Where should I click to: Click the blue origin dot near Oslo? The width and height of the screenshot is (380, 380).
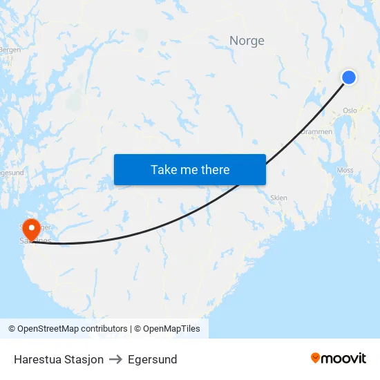(349, 77)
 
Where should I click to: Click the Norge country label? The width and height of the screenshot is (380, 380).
(247, 41)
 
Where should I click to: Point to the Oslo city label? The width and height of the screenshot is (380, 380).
(350, 110)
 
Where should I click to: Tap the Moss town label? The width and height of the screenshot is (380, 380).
(345, 170)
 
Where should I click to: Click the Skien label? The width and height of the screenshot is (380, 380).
(278, 198)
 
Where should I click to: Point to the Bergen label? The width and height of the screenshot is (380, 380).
(10, 50)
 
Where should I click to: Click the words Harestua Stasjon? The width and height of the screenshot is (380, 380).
(59, 359)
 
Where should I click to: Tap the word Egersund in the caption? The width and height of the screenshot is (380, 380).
(152, 359)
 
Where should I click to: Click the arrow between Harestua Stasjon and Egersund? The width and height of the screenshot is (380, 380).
(115, 359)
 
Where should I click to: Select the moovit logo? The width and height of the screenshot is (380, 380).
(339, 358)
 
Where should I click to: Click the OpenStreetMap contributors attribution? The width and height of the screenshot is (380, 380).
(68, 329)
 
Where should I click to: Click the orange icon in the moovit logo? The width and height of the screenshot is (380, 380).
(316, 358)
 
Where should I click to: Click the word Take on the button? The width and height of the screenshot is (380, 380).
(164, 170)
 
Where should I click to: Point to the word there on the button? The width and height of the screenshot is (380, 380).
(214, 170)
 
